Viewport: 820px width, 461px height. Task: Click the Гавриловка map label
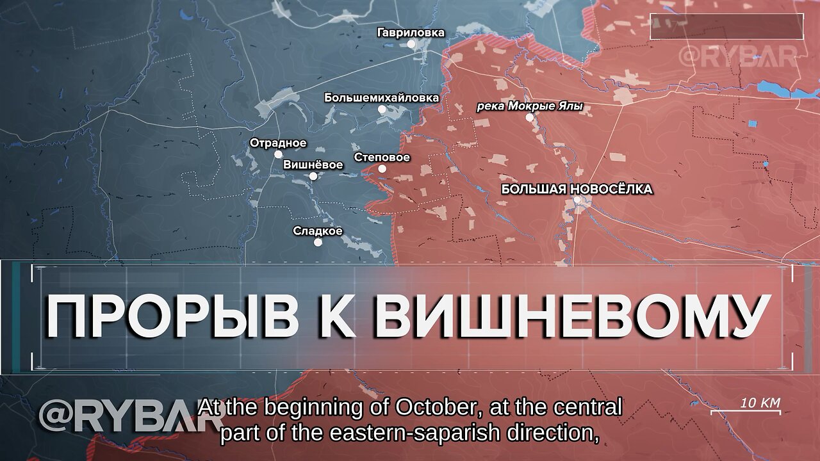tap(411, 33)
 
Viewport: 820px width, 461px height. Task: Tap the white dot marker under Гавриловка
tap(411, 44)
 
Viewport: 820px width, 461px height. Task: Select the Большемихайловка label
tap(381, 98)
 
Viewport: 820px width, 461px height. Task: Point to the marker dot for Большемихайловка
tap(382, 109)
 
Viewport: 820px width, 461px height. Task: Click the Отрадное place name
tap(278, 143)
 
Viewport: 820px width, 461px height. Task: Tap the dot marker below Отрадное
tap(278, 154)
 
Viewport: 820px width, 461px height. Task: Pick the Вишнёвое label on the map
tap(313, 165)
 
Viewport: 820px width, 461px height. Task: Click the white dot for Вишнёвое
tap(313, 176)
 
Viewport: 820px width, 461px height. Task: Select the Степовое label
tap(382, 158)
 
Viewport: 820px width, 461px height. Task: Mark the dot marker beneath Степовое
tap(382, 169)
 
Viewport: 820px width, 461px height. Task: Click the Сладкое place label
tap(318, 231)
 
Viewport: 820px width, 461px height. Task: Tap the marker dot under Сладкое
tap(318, 242)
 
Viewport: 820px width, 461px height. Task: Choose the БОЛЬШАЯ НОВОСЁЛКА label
tap(577, 189)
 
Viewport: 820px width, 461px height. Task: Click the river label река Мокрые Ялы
tap(529, 107)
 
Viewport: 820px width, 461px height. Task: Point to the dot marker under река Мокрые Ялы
tap(529, 118)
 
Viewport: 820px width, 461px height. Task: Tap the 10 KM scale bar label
tap(760, 403)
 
